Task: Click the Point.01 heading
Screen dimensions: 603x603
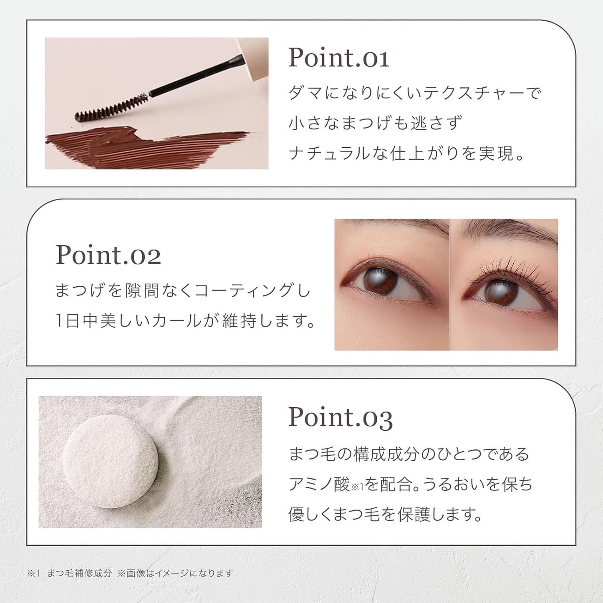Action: click(x=339, y=58)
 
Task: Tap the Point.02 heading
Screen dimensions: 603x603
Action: click(x=108, y=255)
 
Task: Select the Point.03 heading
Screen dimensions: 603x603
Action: click(x=341, y=417)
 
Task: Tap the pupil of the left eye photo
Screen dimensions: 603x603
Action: click(x=381, y=280)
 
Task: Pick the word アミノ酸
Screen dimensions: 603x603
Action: click(x=319, y=484)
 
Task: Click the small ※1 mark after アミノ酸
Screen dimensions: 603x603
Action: click(x=357, y=487)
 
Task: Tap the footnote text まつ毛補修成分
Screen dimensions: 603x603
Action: click(x=79, y=573)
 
